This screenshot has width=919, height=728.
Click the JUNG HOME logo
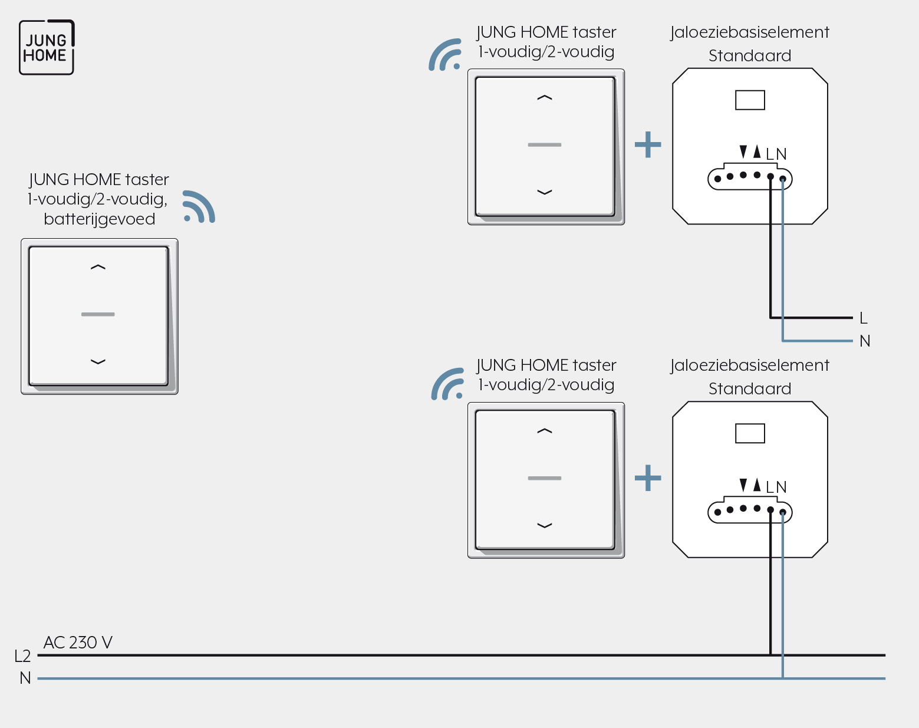coord(47,47)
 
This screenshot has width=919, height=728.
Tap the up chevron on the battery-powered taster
coord(98,267)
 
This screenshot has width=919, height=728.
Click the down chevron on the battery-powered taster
coord(98,362)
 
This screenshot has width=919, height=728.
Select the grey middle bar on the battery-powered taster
coord(98,314)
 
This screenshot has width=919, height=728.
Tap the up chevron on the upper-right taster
coord(545,98)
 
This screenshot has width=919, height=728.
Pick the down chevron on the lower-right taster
coord(545,526)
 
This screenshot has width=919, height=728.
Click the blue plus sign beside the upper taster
coord(648,144)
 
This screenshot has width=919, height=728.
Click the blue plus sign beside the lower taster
coord(648,478)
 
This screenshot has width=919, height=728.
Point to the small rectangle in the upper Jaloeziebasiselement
coord(750,100)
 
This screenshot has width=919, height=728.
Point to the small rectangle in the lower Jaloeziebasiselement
coord(750,433)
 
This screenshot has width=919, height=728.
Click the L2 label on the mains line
coord(22,656)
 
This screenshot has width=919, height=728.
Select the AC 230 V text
coord(78,642)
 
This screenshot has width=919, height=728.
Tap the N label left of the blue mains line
coord(25,678)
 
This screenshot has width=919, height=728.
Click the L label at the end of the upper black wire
coord(863,318)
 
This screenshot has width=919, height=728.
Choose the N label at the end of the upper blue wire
coord(865,341)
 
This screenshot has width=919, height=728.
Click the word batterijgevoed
coord(100,219)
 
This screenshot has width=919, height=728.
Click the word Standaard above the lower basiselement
coord(750,388)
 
